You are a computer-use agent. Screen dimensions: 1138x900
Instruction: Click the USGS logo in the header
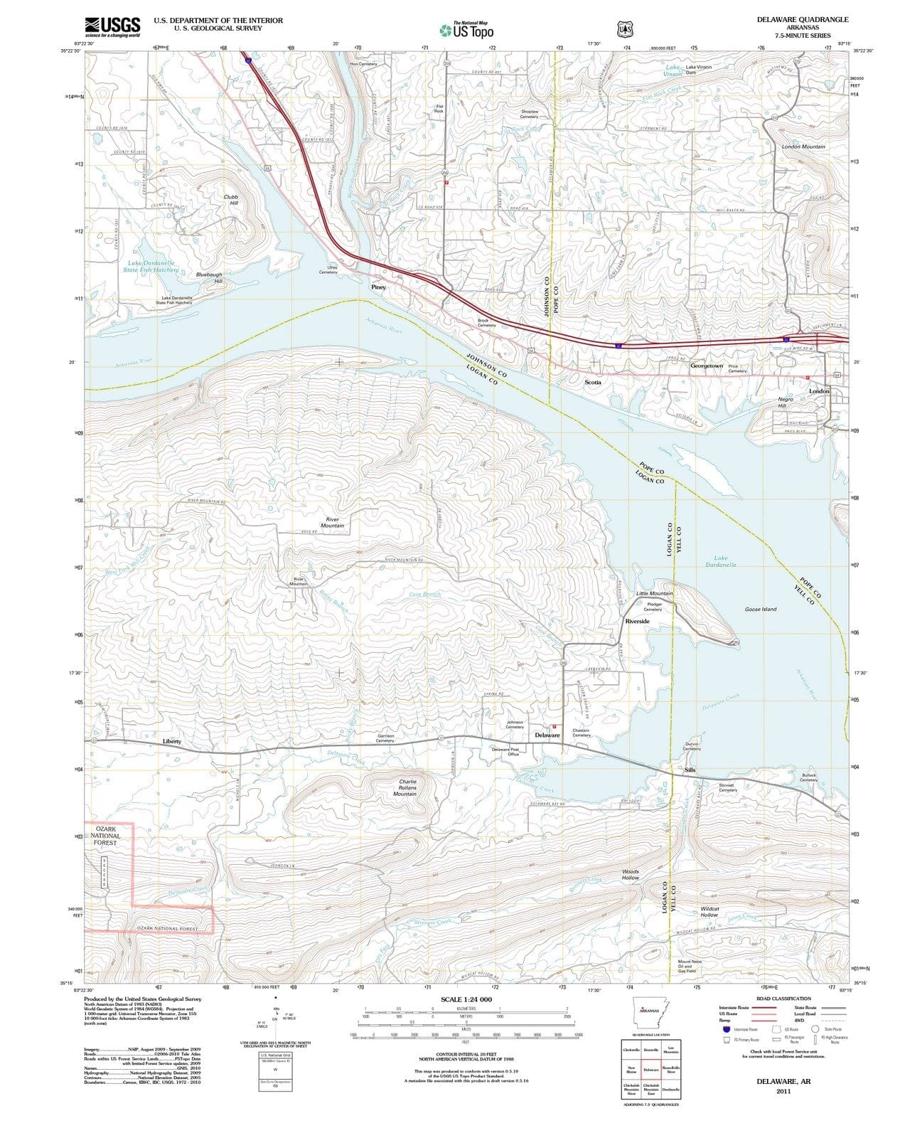112,26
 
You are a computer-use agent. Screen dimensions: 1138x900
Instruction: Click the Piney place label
378,287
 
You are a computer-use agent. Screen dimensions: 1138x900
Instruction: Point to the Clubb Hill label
231,200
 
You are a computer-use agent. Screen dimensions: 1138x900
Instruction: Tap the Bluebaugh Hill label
209,277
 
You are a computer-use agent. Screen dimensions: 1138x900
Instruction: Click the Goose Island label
760,610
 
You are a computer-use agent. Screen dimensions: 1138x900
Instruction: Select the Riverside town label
637,621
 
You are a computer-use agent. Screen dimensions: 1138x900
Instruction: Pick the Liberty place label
172,741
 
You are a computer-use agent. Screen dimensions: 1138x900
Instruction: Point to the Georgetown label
707,366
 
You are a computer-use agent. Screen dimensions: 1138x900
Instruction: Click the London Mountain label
803,147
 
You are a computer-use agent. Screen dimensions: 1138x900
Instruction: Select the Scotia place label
592,382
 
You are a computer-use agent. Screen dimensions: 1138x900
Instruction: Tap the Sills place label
690,770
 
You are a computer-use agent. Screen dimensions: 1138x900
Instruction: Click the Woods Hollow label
631,874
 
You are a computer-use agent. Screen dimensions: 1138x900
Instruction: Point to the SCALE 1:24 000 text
466,999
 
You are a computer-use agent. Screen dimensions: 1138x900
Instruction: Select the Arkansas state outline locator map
648,1010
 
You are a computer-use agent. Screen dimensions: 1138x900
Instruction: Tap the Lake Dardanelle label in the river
721,561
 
